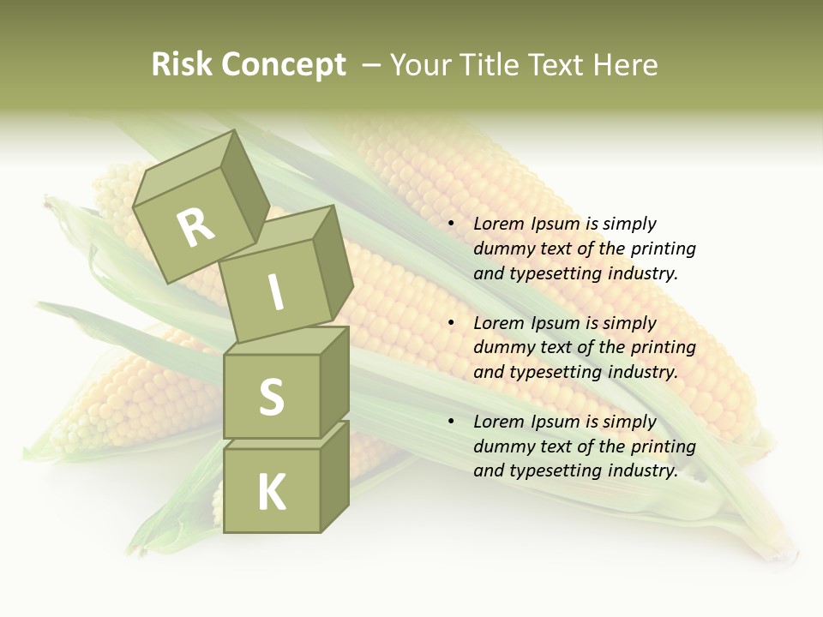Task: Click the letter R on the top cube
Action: (195, 227)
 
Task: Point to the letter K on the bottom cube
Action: (271, 492)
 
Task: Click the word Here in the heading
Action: (626, 65)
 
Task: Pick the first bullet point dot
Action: (451, 225)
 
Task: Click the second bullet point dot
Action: (451, 324)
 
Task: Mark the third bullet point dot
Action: (451, 422)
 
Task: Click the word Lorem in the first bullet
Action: (498, 225)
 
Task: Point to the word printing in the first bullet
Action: (663, 249)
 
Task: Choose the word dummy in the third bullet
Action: (501, 446)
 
